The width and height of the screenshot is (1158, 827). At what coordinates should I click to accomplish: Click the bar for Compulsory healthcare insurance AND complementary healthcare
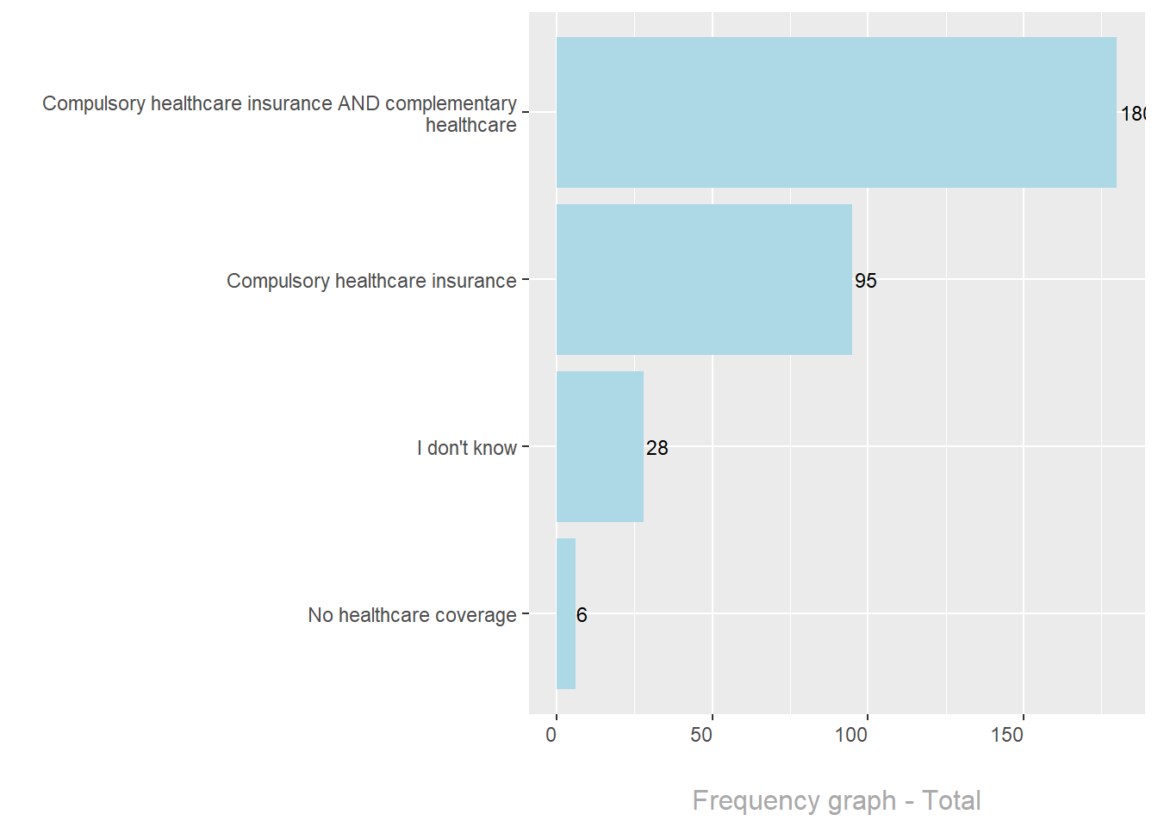836,112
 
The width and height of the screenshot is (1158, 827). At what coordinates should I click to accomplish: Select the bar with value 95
704,279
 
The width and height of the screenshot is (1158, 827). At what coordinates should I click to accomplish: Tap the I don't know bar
600,446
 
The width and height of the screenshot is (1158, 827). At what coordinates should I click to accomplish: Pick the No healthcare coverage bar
565,613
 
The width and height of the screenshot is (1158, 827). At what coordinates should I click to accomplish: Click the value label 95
865,281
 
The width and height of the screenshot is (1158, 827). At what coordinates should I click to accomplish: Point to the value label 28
657,448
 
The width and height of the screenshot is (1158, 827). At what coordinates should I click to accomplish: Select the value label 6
582,615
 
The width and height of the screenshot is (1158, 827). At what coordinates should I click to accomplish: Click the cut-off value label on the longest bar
1132,114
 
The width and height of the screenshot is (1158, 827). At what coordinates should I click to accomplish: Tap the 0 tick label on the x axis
551,735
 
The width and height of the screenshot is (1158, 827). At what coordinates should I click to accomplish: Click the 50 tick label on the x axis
701,735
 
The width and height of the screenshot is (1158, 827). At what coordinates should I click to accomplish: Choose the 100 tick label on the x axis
851,735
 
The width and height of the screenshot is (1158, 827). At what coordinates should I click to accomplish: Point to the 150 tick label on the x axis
1006,735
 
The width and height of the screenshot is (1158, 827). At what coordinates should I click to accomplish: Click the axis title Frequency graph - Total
836,800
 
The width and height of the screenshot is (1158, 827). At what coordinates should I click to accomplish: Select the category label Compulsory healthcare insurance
371,281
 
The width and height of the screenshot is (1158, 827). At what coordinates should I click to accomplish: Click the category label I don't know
466,448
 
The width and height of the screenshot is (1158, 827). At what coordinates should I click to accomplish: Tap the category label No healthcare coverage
412,615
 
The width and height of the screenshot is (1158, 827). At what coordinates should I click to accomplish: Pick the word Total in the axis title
951,800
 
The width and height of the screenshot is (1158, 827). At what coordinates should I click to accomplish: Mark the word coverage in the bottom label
476,615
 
